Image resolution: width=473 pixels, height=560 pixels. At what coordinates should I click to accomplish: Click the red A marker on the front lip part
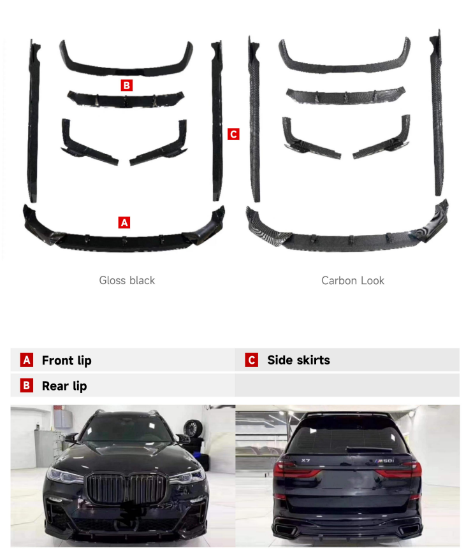124,222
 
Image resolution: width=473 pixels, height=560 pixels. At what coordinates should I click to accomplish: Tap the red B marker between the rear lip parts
126,85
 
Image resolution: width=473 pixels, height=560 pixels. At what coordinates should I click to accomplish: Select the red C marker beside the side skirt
233,134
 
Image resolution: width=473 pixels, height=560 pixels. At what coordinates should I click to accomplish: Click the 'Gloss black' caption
127,280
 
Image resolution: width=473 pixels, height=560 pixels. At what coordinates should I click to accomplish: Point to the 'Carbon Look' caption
353,280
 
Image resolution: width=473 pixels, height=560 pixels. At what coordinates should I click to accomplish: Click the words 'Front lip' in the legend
66,361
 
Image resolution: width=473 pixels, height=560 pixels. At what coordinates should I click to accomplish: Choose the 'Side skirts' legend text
299,360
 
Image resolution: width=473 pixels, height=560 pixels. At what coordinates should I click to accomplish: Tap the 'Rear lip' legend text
64,386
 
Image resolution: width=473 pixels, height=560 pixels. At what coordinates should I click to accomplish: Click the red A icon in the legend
27,360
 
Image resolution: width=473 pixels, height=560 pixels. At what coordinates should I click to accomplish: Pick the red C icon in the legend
252,360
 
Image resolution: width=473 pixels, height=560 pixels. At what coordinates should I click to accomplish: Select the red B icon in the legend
27,385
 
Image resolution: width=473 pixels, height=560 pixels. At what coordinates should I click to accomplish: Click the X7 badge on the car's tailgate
306,461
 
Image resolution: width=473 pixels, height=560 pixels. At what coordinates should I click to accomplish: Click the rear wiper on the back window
368,449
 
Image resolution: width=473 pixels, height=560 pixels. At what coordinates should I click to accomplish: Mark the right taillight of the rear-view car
398,470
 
